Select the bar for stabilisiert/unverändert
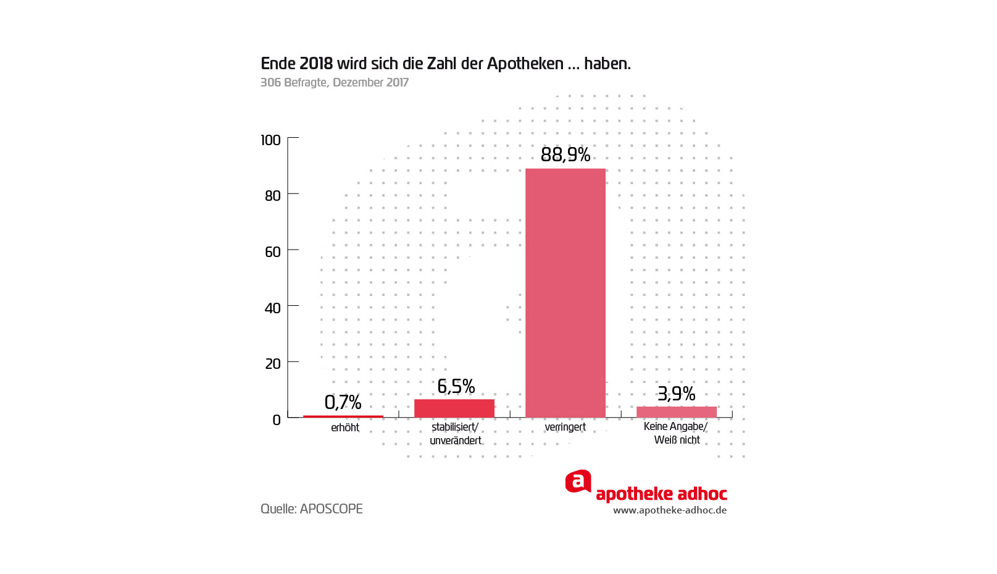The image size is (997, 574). (x=454, y=408)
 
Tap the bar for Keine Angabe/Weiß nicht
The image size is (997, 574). (x=676, y=412)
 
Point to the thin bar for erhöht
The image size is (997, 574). (x=343, y=416)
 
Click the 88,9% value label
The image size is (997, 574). (x=565, y=154)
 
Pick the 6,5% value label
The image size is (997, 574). (x=456, y=387)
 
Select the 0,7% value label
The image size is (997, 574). (x=343, y=403)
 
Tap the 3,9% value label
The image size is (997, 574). (x=676, y=394)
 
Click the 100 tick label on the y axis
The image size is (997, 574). (x=270, y=140)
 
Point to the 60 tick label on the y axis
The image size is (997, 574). (x=272, y=252)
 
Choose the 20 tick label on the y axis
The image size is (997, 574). (x=272, y=364)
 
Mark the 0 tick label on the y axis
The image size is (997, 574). (x=276, y=420)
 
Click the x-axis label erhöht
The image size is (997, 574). (x=344, y=428)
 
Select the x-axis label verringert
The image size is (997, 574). (x=565, y=427)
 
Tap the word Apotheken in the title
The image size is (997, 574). (x=525, y=64)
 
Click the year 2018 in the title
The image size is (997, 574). (x=315, y=64)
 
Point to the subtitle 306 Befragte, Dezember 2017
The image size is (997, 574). (x=334, y=83)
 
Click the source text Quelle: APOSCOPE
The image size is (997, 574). (x=311, y=509)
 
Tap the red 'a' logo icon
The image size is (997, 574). (x=578, y=482)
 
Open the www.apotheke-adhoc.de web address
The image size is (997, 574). (x=669, y=510)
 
